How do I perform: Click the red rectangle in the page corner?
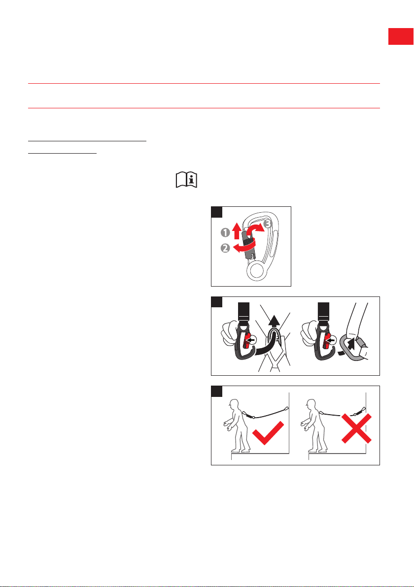tap(401, 36)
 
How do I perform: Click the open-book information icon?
tap(187, 180)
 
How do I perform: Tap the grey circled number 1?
tap(225, 233)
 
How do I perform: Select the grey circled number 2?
tap(225, 248)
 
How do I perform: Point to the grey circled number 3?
tap(268, 224)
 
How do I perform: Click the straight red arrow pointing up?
tap(236, 231)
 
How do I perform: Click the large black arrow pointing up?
tap(275, 325)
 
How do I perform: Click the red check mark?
tap(268, 433)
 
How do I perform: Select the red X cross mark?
tap(356, 428)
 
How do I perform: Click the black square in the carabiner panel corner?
tap(217, 212)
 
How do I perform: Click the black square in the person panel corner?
tap(217, 391)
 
